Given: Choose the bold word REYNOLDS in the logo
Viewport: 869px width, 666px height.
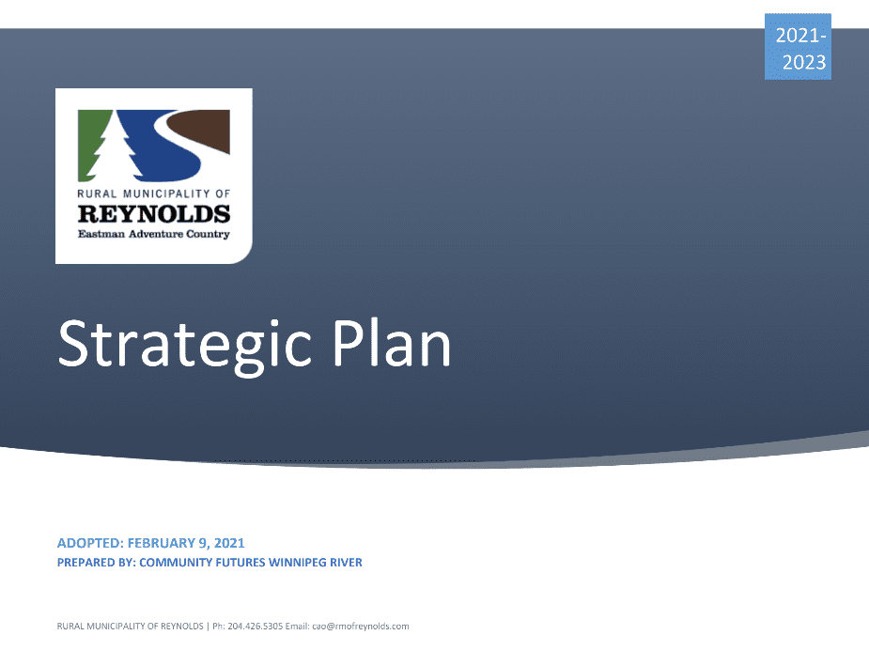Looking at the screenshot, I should [154, 213].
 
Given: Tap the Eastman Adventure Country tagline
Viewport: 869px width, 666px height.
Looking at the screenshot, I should [154, 234].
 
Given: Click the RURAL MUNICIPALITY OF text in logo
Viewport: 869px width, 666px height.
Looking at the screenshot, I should [154, 194].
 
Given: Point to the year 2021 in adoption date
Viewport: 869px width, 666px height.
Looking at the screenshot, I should [230, 543].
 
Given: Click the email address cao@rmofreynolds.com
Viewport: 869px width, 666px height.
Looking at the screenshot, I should [360, 626].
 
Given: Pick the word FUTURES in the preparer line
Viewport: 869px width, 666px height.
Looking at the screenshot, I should [232, 563].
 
